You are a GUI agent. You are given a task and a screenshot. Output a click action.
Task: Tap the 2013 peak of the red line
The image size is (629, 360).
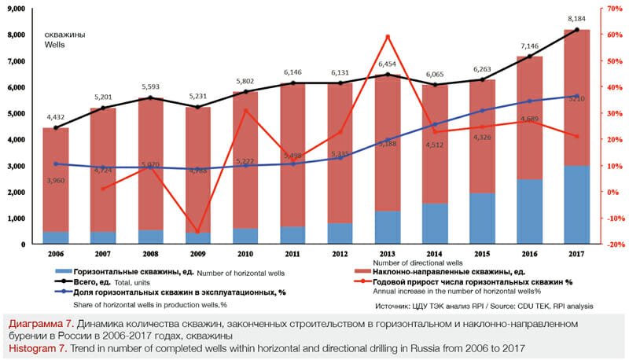(388, 36)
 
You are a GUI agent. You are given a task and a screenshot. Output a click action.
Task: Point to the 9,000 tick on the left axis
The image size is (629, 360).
(17, 9)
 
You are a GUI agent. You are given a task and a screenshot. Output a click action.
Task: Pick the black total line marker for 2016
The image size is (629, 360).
(530, 57)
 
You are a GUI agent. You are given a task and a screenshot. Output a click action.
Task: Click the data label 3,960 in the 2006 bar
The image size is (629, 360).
(55, 181)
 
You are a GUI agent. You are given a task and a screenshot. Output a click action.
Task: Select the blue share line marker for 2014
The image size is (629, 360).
(436, 124)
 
